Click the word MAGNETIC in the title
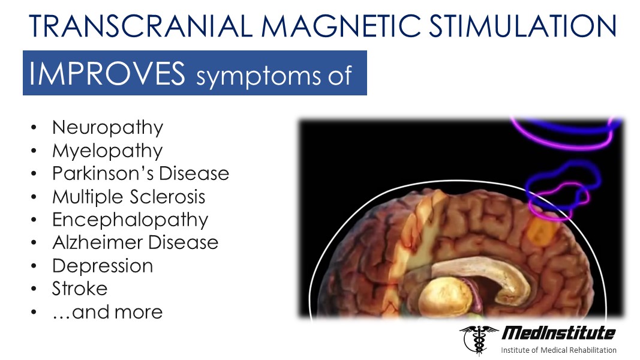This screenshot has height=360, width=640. pyautogui.click(x=341, y=26)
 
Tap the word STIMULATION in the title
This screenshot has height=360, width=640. pyautogui.click(x=523, y=26)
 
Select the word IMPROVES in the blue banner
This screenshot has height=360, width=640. pyautogui.click(x=107, y=74)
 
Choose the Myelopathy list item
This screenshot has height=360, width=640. pyautogui.click(x=107, y=151)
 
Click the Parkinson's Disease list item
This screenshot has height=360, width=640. pyautogui.click(x=141, y=173)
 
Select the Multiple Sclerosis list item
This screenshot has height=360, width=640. pyautogui.click(x=128, y=197)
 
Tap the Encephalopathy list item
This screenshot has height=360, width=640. pyautogui.click(x=130, y=220)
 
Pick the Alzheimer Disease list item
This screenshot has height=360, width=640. pyautogui.click(x=136, y=242)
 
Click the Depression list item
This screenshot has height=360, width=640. pyautogui.click(x=103, y=266)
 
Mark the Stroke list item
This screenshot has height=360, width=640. pyautogui.click(x=80, y=289)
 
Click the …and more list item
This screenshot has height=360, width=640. pyautogui.click(x=107, y=312)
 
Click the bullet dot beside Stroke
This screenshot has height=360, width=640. pyautogui.click(x=34, y=289)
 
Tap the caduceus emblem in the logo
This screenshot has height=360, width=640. pyautogui.click(x=479, y=340)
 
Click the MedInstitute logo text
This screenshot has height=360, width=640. pyautogui.click(x=558, y=333)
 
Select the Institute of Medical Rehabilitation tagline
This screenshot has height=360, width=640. pyautogui.click(x=559, y=350)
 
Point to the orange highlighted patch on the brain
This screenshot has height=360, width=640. pyautogui.click(x=540, y=232)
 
